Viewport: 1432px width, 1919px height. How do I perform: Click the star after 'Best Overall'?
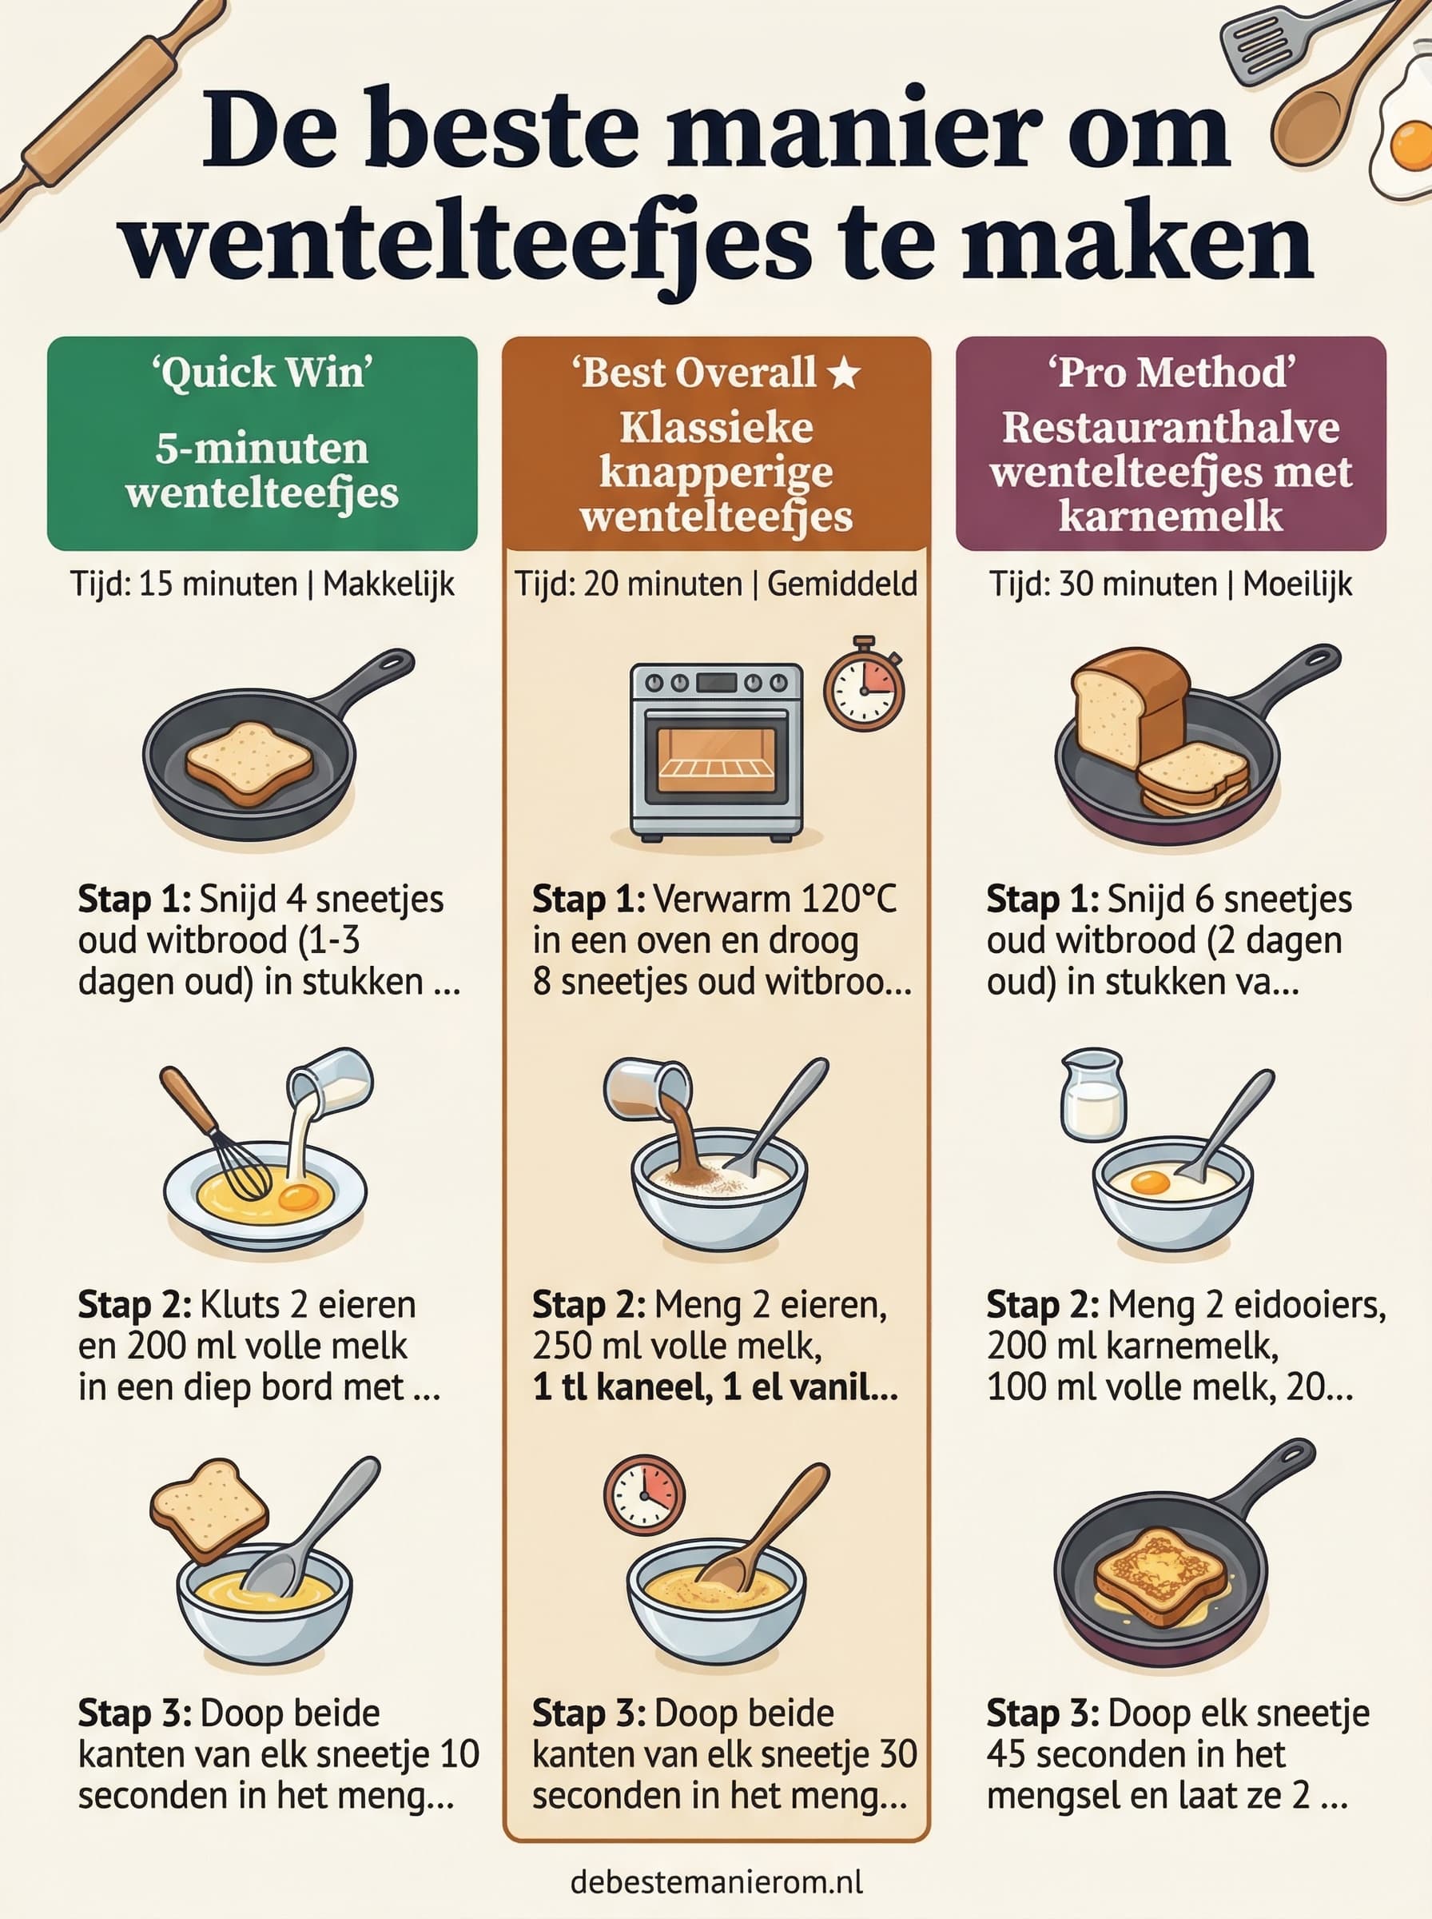[x=843, y=373]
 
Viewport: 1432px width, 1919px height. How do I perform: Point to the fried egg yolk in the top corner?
[x=1410, y=146]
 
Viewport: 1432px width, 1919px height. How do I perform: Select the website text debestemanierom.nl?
[x=716, y=1881]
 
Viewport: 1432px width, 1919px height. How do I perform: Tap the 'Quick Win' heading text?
[x=262, y=373]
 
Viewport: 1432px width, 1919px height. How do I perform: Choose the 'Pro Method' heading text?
[x=1170, y=373]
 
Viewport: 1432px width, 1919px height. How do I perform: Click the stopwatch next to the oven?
[x=863, y=686]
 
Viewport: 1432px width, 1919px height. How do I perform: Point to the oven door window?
[x=715, y=759]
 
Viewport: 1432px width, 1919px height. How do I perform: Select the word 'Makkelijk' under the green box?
[x=388, y=584]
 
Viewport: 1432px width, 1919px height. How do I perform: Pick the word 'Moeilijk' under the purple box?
[x=1297, y=584]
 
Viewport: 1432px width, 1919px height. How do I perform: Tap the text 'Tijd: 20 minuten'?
[x=627, y=584]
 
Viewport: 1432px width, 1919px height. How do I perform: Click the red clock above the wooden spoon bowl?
[x=644, y=1494]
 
